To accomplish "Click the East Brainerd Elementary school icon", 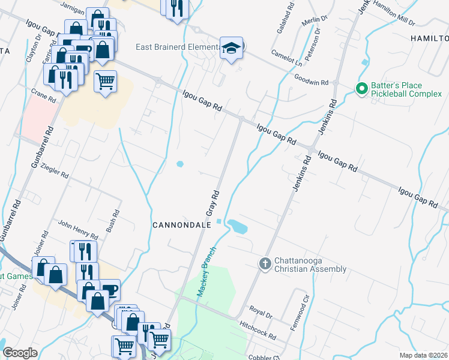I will click(x=231, y=48).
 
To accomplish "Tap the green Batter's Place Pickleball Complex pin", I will click(x=361, y=89).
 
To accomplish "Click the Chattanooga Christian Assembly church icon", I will click(x=265, y=263).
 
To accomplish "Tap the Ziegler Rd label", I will click(x=58, y=172).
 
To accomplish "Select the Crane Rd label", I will click(x=43, y=95).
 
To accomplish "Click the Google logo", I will click(x=20, y=353).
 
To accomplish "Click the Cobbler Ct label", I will click(x=264, y=356).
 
